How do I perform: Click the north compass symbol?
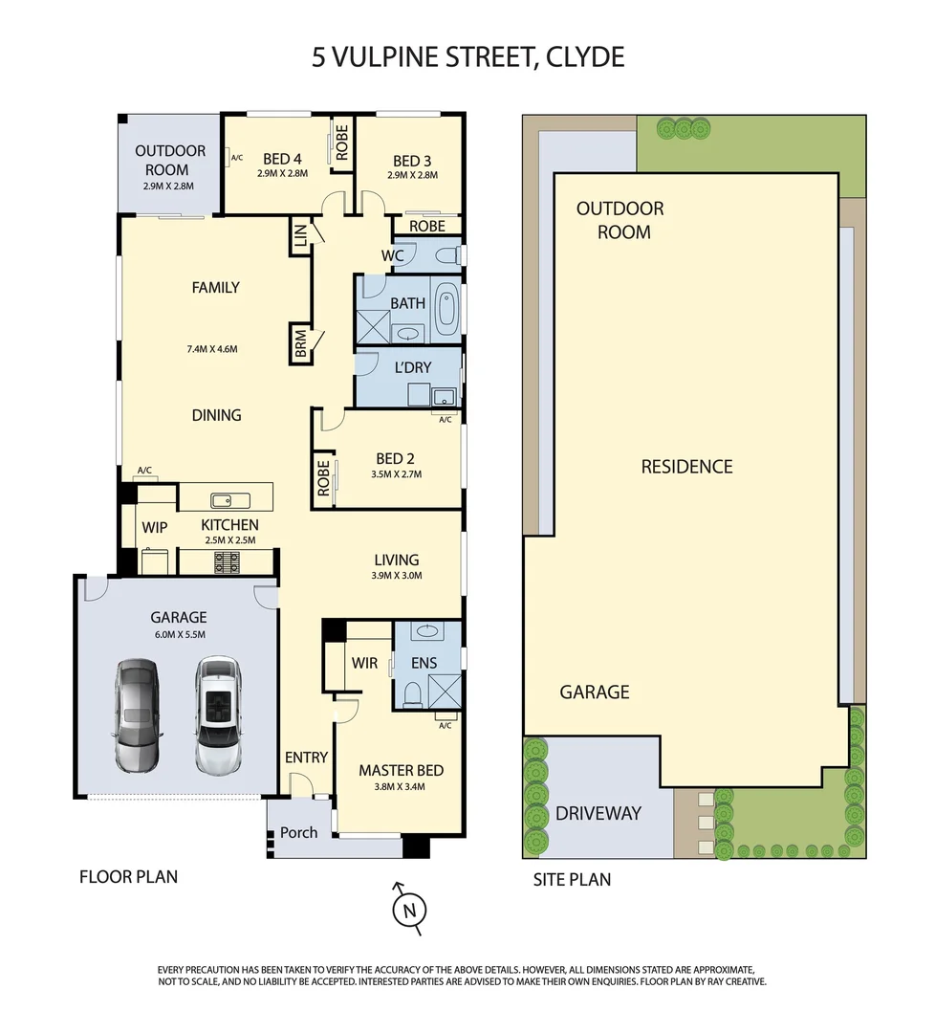tap(409, 910)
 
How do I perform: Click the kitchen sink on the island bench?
tap(229, 500)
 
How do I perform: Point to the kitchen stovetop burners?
tap(227, 562)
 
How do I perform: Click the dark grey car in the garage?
tap(137, 714)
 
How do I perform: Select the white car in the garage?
tap(218, 714)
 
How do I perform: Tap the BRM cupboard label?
tap(301, 343)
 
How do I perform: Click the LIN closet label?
tap(300, 235)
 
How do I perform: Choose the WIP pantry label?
tap(155, 528)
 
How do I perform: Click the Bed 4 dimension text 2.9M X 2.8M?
tap(282, 173)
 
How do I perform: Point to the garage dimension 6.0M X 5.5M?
tap(179, 634)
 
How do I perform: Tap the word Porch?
tap(298, 833)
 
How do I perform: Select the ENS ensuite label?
tap(424, 664)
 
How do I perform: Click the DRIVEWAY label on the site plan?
tap(598, 814)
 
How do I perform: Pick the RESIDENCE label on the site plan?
tap(686, 467)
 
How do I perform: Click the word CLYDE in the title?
tap(585, 57)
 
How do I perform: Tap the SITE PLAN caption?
tap(572, 880)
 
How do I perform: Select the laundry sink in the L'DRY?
tap(444, 397)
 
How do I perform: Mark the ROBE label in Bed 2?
tap(323, 478)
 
